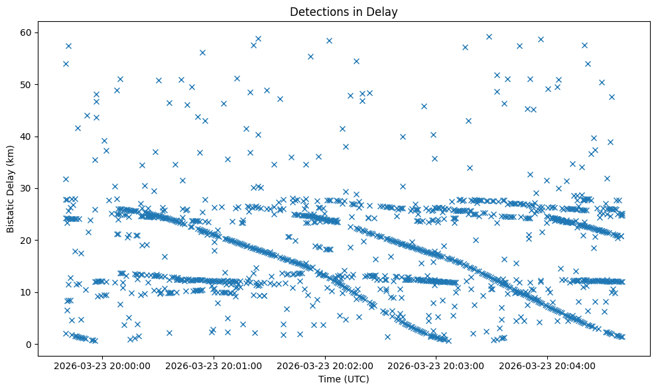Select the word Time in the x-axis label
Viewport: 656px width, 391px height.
point(329,380)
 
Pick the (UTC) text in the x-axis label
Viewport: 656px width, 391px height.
point(356,380)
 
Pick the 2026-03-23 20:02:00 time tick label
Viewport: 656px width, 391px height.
point(326,365)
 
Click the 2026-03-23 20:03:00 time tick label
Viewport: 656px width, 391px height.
point(436,365)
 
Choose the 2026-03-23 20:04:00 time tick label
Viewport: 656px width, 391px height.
point(547,365)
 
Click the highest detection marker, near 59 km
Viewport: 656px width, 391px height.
point(489,37)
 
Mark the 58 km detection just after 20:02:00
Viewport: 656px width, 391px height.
point(329,40)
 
